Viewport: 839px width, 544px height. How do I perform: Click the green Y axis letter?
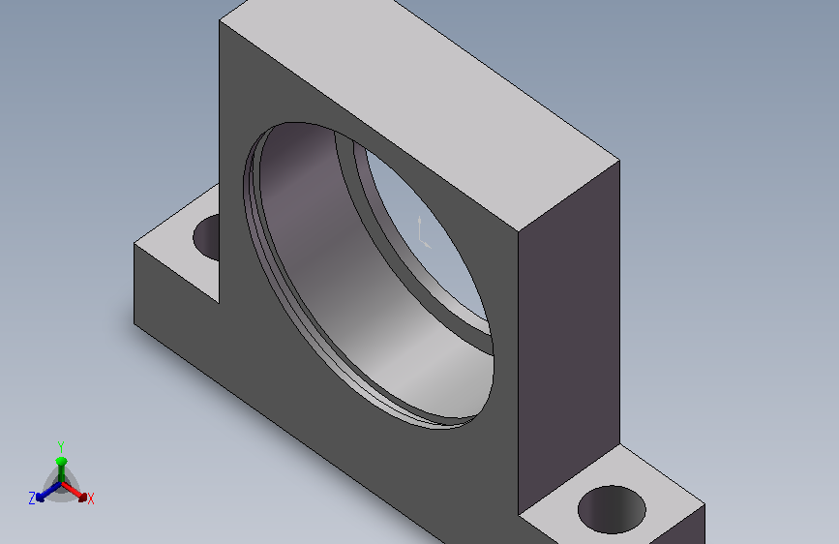coord(60,446)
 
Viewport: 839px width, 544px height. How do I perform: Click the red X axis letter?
coord(90,499)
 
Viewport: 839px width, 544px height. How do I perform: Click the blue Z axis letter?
coord(32,499)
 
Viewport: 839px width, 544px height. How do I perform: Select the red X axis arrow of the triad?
coord(74,492)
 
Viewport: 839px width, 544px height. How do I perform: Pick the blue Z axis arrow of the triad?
coord(48,492)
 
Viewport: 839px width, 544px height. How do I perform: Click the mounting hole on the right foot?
coord(612,509)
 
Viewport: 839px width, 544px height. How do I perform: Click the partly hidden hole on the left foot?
coord(206,237)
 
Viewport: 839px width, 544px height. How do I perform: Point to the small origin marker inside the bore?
coord(423,233)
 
